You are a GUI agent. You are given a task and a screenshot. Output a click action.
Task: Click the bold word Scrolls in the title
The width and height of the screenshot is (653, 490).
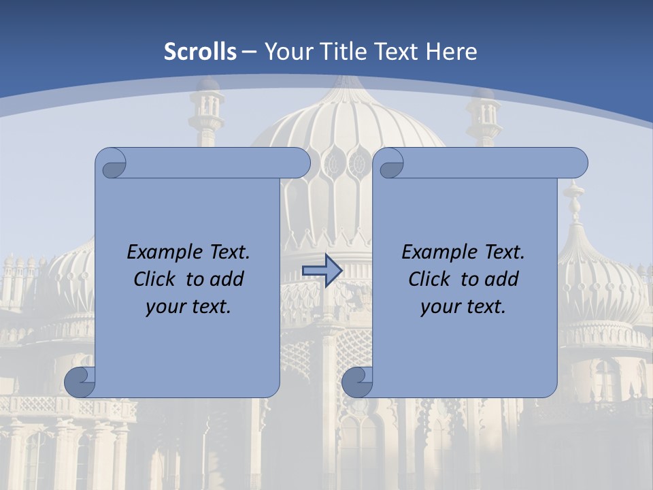pos(201,52)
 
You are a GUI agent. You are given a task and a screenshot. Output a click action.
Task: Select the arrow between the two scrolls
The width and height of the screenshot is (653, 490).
pos(322,271)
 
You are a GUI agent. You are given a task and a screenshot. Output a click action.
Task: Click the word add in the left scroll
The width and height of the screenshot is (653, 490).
pos(227,279)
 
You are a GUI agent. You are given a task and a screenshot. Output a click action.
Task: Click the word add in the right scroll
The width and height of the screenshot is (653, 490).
pos(501,279)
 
